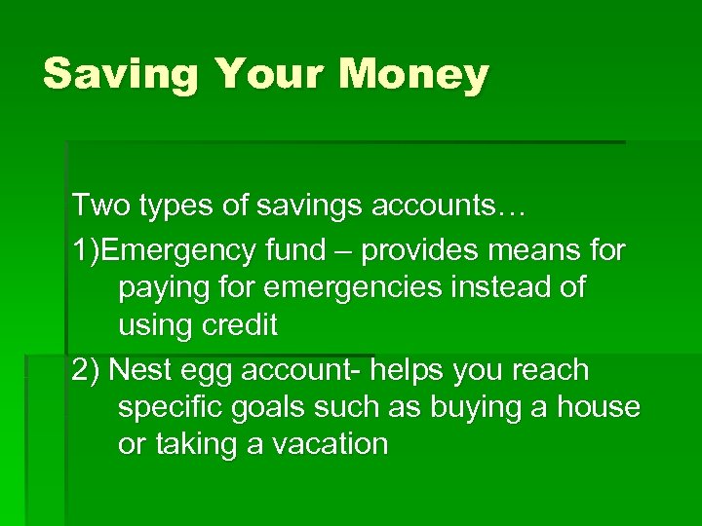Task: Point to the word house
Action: tap(599, 407)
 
